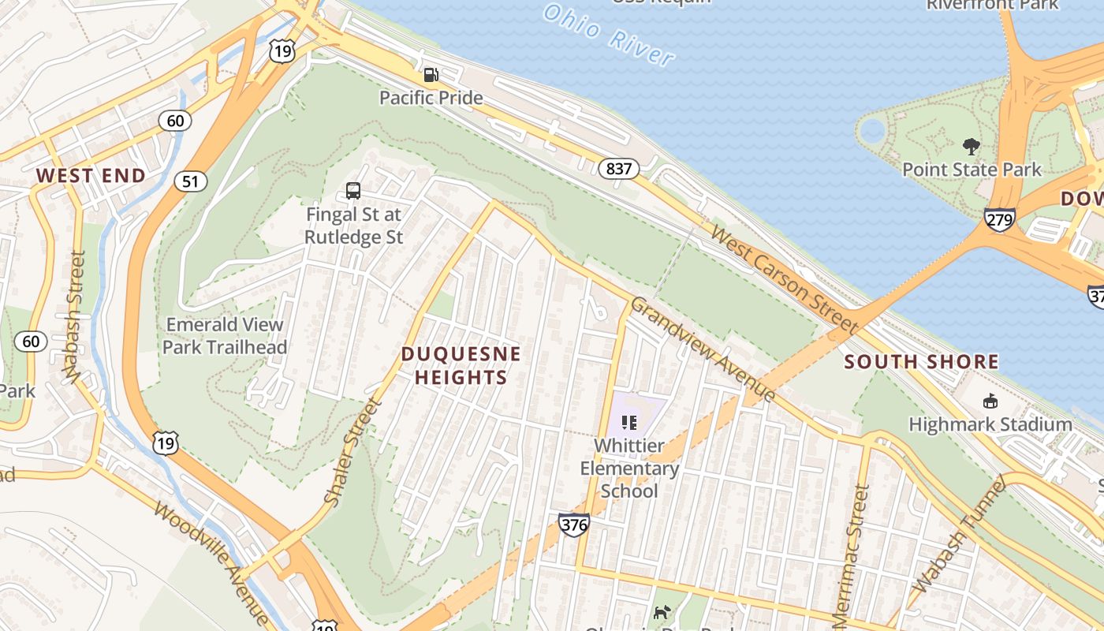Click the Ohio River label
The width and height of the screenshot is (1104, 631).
pyautogui.click(x=609, y=35)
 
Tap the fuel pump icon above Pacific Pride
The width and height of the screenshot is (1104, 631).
pyautogui.click(x=431, y=75)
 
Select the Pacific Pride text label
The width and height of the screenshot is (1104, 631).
pyautogui.click(x=431, y=98)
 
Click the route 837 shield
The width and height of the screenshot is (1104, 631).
pyautogui.click(x=618, y=168)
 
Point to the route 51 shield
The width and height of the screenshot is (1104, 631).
pyautogui.click(x=190, y=181)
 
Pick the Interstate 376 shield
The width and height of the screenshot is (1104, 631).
pyautogui.click(x=573, y=525)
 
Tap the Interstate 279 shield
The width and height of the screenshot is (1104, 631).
pyautogui.click(x=999, y=220)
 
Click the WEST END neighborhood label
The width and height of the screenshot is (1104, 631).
pyautogui.click(x=91, y=176)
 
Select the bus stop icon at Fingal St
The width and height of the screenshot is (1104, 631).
pyautogui.click(x=353, y=191)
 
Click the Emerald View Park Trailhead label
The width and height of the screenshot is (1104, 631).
pyautogui.click(x=225, y=336)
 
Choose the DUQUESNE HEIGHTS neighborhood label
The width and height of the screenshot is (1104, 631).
pyautogui.click(x=461, y=365)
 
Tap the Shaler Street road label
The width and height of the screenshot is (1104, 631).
pyautogui.click(x=352, y=452)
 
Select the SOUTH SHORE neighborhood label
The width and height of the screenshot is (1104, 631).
pyautogui.click(x=921, y=362)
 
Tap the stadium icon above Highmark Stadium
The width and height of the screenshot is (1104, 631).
pyautogui.click(x=990, y=401)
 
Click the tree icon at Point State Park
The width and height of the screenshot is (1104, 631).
pyautogui.click(x=972, y=146)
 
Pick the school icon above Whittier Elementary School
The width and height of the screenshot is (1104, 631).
pyautogui.click(x=628, y=423)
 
